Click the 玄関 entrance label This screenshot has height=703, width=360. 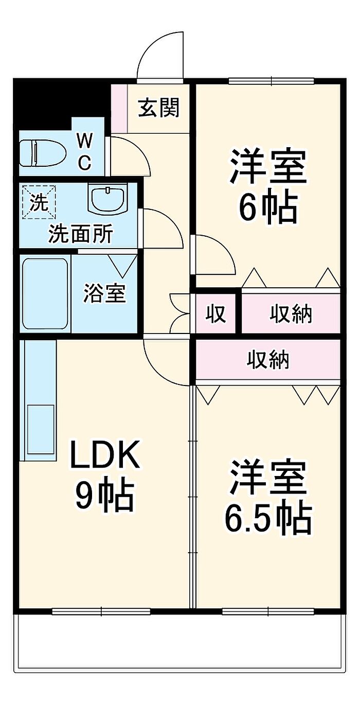click(x=159, y=108)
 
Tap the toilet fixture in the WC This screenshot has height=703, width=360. click(x=43, y=153)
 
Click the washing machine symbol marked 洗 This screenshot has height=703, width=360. click(x=39, y=202)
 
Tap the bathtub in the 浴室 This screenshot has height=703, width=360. click(x=45, y=295)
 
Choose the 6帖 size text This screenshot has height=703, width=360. click(x=268, y=207)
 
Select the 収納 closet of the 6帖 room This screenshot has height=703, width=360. click(x=291, y=313)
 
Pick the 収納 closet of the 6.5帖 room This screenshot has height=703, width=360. click(x=268, y=359)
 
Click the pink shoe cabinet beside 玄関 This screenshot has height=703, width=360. click(x=120, y=108)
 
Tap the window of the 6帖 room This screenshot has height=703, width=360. click(x=271, y=81)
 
